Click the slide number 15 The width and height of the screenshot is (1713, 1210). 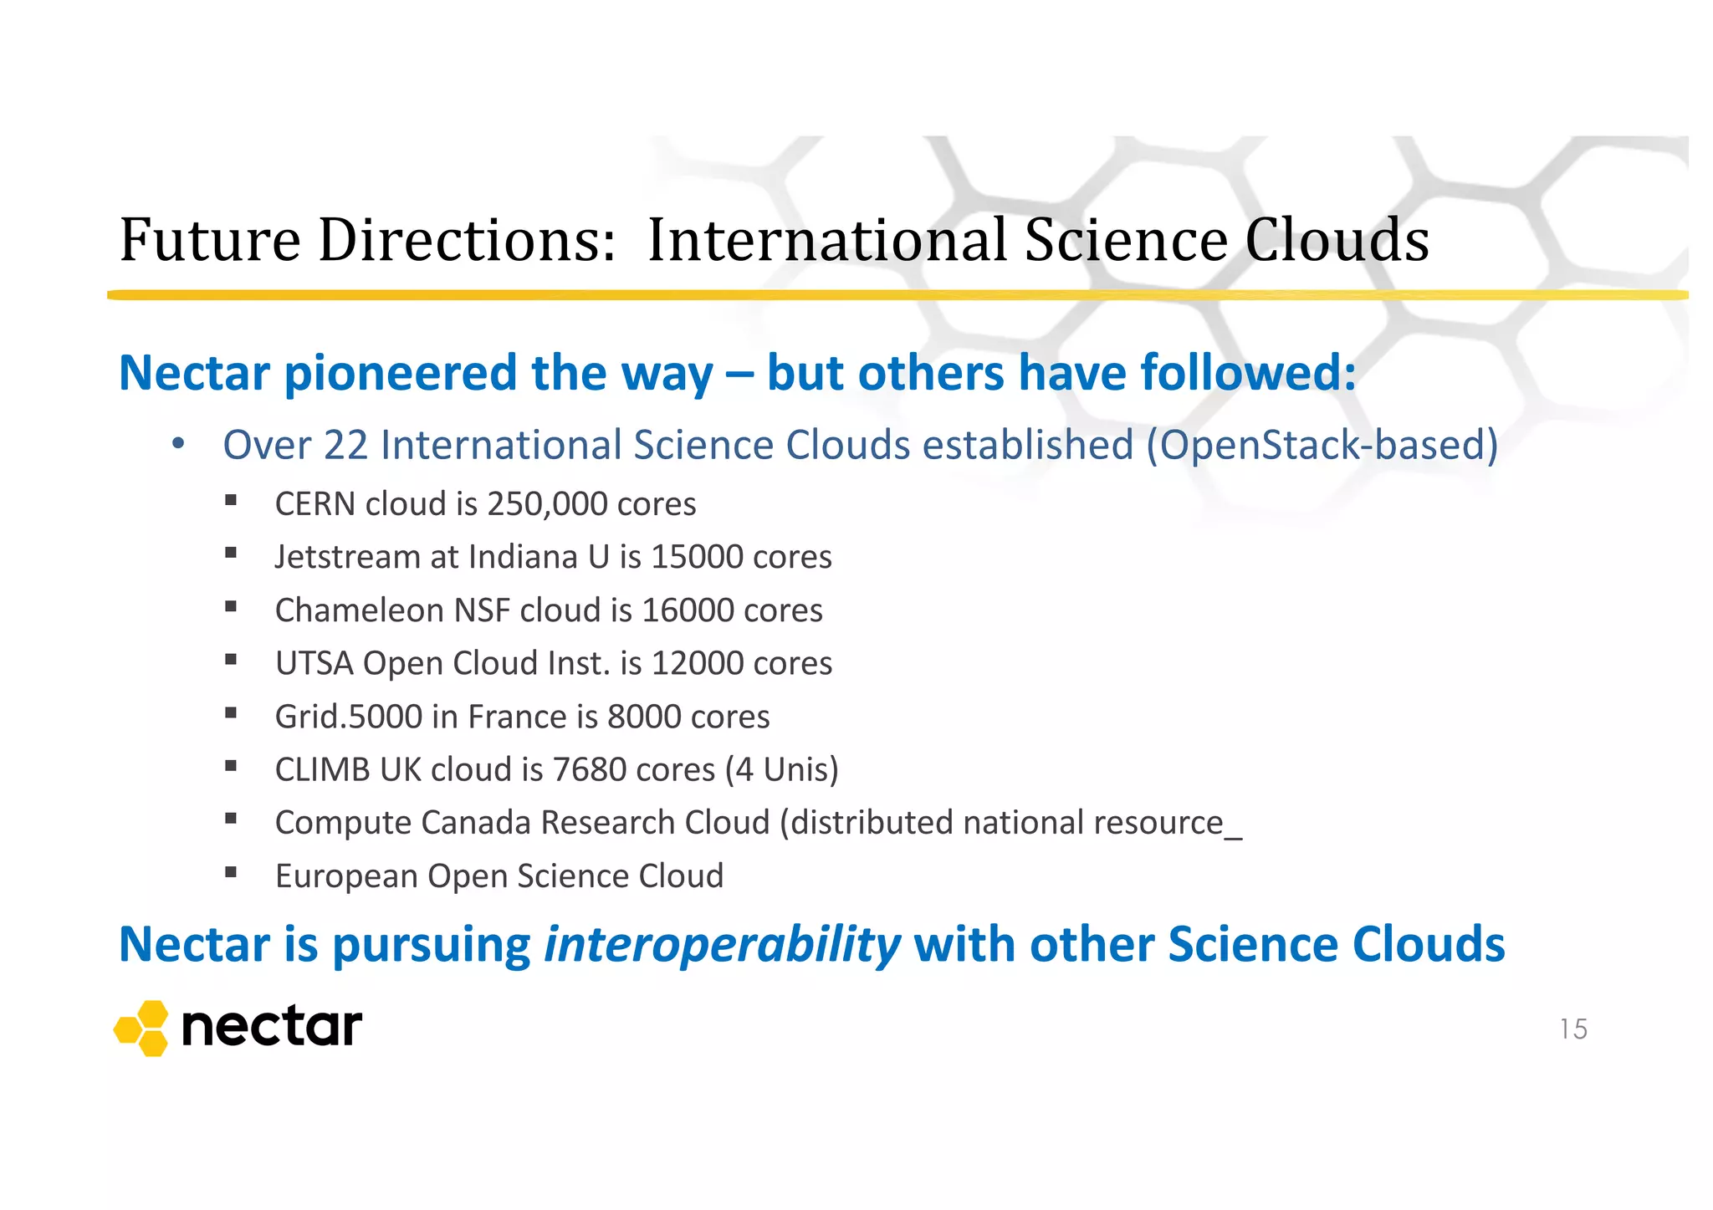(x=1572, y=1029)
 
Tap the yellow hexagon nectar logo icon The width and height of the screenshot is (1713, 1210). (x=142, y=1028)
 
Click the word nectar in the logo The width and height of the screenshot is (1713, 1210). (x=272, y=1028)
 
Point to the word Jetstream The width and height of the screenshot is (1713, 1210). (x=347, y=557)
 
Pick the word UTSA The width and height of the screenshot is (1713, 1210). (x=314, y=663)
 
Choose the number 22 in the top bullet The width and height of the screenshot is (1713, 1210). (x=345, y=445)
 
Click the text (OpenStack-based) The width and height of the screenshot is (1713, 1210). (x=1322, y=445)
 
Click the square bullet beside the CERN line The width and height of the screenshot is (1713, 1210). (x=231, y=501)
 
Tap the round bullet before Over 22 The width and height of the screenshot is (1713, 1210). (x=177, y=445)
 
